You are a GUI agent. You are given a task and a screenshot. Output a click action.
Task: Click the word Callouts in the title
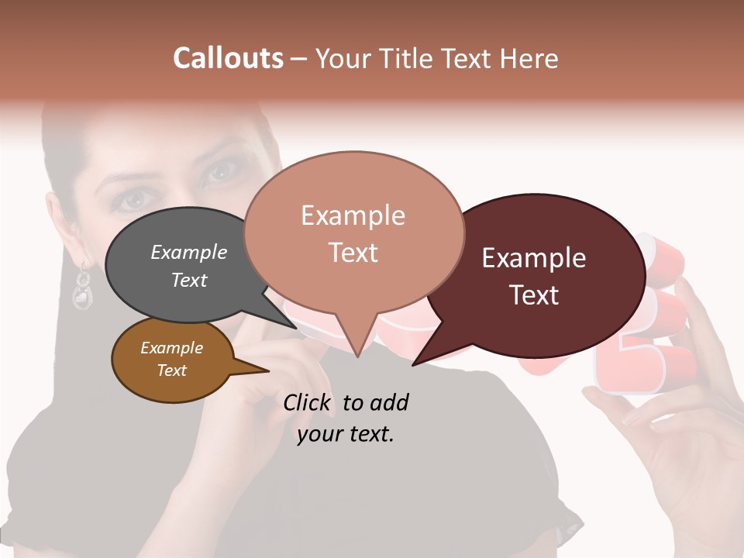click(228, 58)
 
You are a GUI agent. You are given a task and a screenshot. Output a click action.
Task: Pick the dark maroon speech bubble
click(542, 275)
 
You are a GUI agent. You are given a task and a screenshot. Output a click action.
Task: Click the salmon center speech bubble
click(353, 232)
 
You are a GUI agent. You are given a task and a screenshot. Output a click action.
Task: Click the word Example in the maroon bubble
click(534, 258)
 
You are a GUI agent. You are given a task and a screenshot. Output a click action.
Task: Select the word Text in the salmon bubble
click(353, 253)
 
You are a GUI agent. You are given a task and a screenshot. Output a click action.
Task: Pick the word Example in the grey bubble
click(189, 253)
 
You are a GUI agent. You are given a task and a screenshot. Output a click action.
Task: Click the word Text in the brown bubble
click(172, 370)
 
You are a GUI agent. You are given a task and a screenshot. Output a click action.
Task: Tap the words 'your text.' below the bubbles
click(346, 434)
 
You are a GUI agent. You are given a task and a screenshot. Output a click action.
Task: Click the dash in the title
click(299, 59)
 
